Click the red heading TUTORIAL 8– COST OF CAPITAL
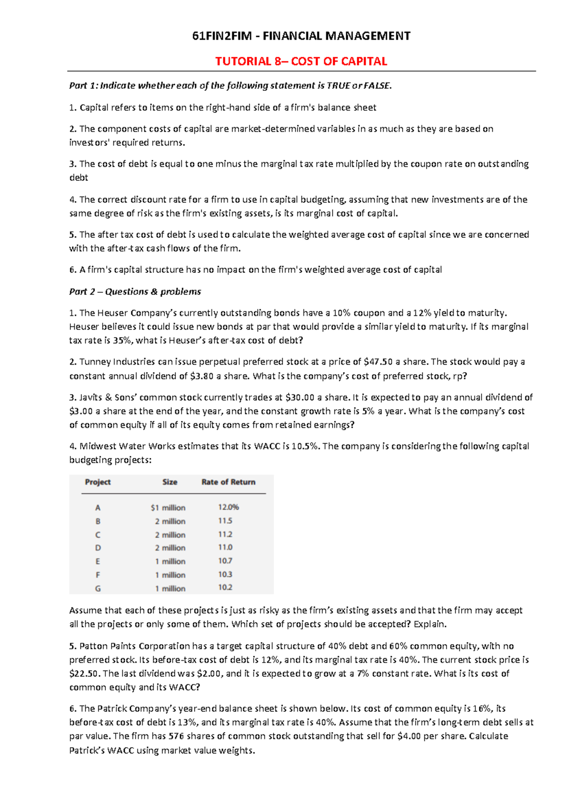[x=301, y=61]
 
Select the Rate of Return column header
[x=228, y=482]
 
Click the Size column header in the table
[x=170, y=482]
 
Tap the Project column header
[x=98, y=482]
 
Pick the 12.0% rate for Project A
[x=228, y=507]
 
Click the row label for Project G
[x=98, y=589]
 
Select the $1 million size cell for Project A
[x=168, y=507]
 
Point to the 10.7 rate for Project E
[x=225, y=561]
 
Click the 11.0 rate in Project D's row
[x=225, y=547]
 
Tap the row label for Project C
[x=98, y=535]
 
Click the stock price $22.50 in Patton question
[x=84, y=673]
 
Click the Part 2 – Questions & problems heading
[x=135, y=291]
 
